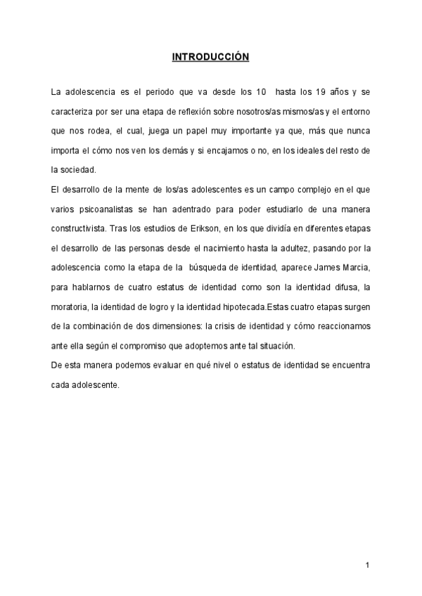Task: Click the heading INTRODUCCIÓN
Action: pos(210,57)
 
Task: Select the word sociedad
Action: pos(78,169)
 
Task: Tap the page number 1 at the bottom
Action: pos(367,565)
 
